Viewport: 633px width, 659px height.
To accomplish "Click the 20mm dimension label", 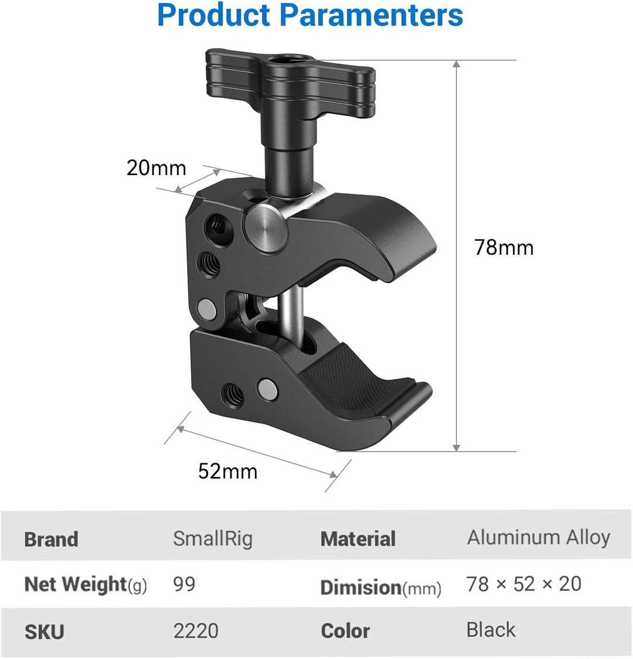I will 156,168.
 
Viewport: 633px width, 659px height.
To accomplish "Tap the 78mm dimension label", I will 504,247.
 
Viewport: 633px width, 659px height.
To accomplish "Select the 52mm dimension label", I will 227,471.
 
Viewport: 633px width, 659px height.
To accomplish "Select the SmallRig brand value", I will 213,538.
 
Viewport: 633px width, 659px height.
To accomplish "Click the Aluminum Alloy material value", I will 538,537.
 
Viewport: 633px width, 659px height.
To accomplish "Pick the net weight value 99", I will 184,584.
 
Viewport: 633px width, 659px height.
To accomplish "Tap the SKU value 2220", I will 196,631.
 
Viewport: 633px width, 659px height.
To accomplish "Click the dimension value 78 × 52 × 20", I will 523,584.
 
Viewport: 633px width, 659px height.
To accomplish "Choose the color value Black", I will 491,630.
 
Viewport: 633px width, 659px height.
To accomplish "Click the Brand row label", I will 51,540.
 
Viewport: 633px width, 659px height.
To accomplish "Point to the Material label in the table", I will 358,539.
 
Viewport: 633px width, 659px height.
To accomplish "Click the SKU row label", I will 44,632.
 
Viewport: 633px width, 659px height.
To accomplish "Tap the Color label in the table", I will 345,631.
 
